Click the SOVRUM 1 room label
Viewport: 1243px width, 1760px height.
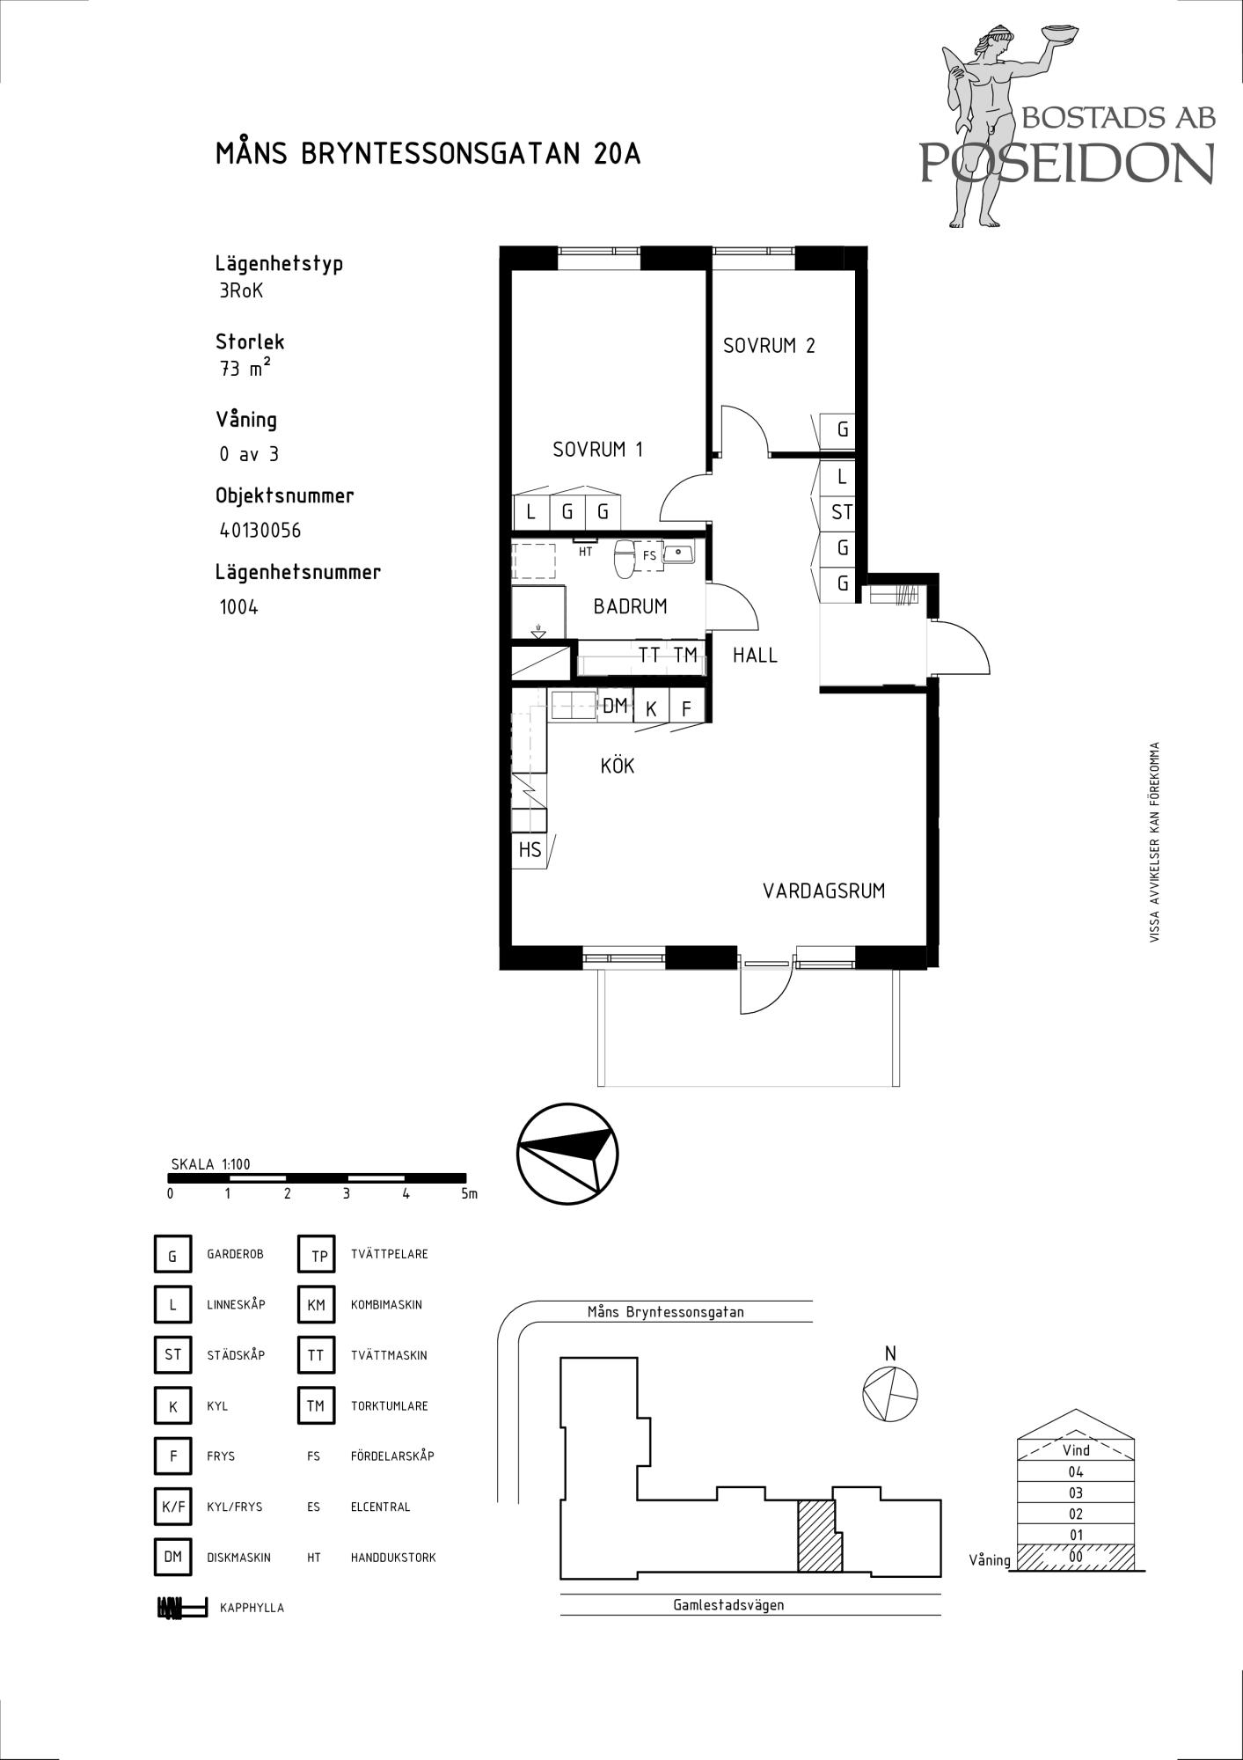(x=597, y=450)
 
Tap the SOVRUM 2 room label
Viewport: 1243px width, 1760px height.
(x=769, y=346)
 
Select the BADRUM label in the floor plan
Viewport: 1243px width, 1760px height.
(x=630, y=606)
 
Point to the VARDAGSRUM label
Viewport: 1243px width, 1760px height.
(x=823, y=891)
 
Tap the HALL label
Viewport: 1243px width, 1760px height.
(x=755, y=655)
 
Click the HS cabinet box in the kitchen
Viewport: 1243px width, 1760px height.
(x=530, y=850)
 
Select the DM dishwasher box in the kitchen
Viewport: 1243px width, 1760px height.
(x=615, y=705)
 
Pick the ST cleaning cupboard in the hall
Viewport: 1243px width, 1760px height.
(x=842, y=512)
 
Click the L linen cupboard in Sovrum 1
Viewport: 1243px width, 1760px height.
(x=530, y=511)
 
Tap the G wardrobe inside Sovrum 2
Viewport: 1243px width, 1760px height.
(x=842, y=430)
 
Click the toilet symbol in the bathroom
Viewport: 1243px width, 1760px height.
(x=625, y=558)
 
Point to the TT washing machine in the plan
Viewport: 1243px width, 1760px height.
(x=649, y=656)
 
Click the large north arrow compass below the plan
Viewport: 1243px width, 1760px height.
(x=567, y=1154)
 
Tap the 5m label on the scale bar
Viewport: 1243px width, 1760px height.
(x=469, y=1194)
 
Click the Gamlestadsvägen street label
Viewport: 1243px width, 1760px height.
(x=728, y=1604)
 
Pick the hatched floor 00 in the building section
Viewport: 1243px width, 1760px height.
(x=1075, y=1556)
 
